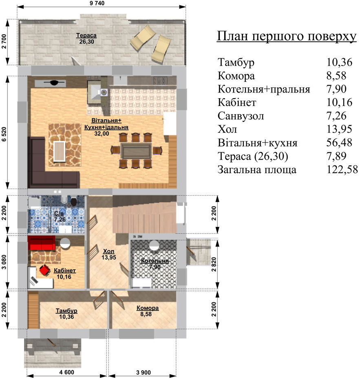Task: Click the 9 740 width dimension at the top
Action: (97, 3)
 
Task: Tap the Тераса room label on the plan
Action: (86, 35)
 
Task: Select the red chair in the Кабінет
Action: (44, 270)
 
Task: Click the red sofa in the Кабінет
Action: (41, 243)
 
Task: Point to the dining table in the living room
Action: (136, 151)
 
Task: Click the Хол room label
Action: (108, 251)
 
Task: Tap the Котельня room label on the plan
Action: (155, 261)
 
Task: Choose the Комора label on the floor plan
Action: (148, 308)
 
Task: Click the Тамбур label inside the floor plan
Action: (66, 311)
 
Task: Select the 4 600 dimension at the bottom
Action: (66, 372)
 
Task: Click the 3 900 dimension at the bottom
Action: (144, 372)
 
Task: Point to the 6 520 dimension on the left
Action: (4, 134)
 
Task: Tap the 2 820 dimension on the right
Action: (214, 264)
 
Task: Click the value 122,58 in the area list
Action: (342, 169)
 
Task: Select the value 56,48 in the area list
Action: (339, 143)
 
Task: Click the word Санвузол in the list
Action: (241, 116)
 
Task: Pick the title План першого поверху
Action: (287, 36)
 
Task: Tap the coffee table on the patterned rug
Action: (60, 152)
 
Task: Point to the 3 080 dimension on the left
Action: (4, 262)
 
